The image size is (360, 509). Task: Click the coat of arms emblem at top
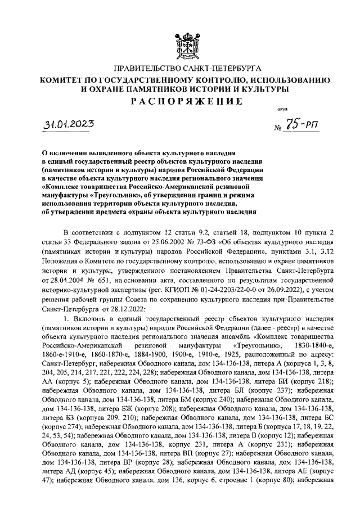[180, 30]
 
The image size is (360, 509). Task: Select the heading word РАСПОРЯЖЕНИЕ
[179, 101]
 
